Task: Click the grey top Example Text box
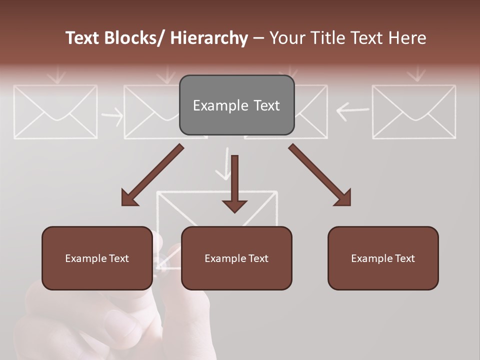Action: [x=236, y=105]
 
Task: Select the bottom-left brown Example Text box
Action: [x=97, y=258]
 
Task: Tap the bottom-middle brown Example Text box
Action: [x=236, y=258]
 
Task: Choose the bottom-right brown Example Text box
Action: [x=383, y=258]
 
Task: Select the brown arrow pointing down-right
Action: [x=320, y=175]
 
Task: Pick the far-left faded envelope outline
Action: [x=55, y=111]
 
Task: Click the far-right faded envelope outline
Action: [x=414, y=111]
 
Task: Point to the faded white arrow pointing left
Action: [x=353, y=110]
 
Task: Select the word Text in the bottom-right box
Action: [x=404, y=258]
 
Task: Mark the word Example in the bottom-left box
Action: [x=85, y=258]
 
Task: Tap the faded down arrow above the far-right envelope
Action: [x=415, y=74]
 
